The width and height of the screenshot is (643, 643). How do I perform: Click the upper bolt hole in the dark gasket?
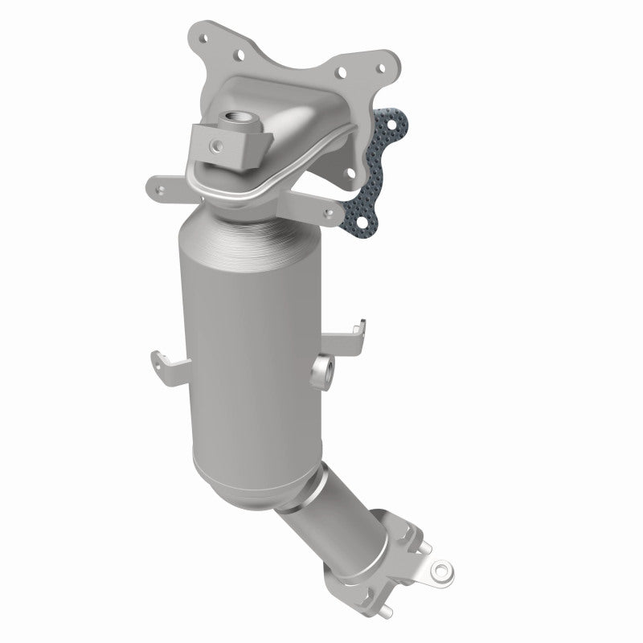(x=391, y=126)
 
